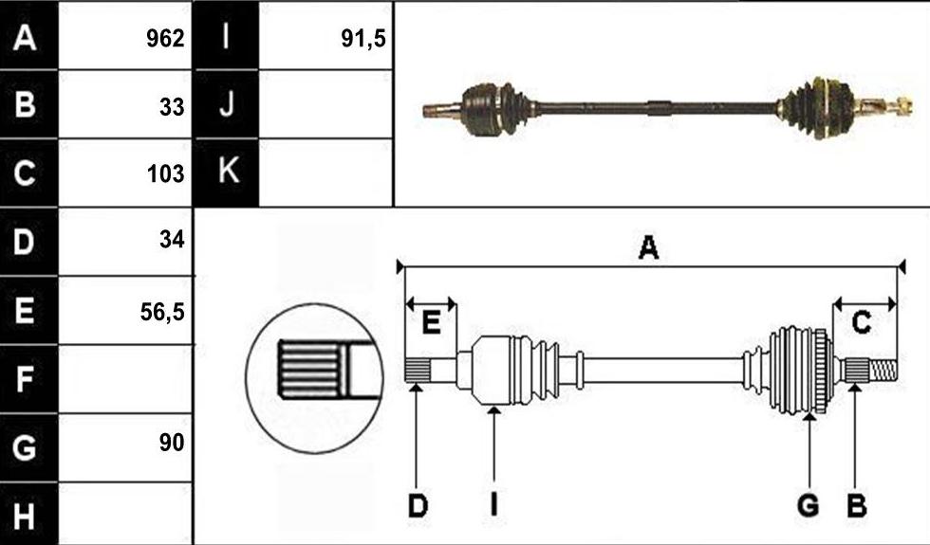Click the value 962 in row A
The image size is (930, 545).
click(165, 39)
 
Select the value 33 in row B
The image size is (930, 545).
click(172, 107)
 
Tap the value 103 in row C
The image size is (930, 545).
click(165, 173)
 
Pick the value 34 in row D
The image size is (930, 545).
click(172, 239)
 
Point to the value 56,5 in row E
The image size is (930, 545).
click(162, 312)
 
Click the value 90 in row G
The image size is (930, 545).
click(172, 443)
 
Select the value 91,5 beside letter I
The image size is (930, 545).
click(363, 39)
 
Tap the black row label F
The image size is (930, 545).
click(29, 379)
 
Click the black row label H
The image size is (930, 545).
click(29, 514)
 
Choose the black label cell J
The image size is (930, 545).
click(226, 104)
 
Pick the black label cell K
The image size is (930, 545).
click(226, 173)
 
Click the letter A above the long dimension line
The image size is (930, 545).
click(648, 247)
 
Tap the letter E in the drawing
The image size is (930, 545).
click(431, 323)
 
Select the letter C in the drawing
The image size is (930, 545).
click(862, 323)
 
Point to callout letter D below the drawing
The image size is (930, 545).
click(418, 506)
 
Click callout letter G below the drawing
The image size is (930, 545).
click(808, 506)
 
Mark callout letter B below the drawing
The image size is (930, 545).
click(856, 506)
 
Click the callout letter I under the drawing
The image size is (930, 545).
click(493, 506)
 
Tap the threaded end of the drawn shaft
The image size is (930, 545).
click(883, 371)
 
